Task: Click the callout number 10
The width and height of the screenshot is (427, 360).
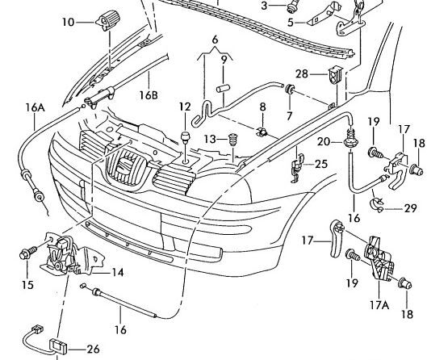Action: click(x=68, y=22)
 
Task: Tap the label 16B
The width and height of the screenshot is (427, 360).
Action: click(x=149, y=95)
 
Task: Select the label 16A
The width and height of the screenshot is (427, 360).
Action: click(x=36, y=107)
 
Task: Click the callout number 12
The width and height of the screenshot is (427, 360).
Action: click(x=185, y=107)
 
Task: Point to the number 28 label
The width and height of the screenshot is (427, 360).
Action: click(x=302, y=73)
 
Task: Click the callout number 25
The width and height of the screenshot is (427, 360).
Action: click(x=321, y=164)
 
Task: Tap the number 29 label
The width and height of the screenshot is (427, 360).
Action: click(x=410, y=208)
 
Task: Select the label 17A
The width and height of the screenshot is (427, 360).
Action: click(x=379, y=305)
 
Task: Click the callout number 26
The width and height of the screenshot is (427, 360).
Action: click(x=93, y=350)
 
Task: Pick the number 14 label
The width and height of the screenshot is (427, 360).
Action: click(x=118, y=273)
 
